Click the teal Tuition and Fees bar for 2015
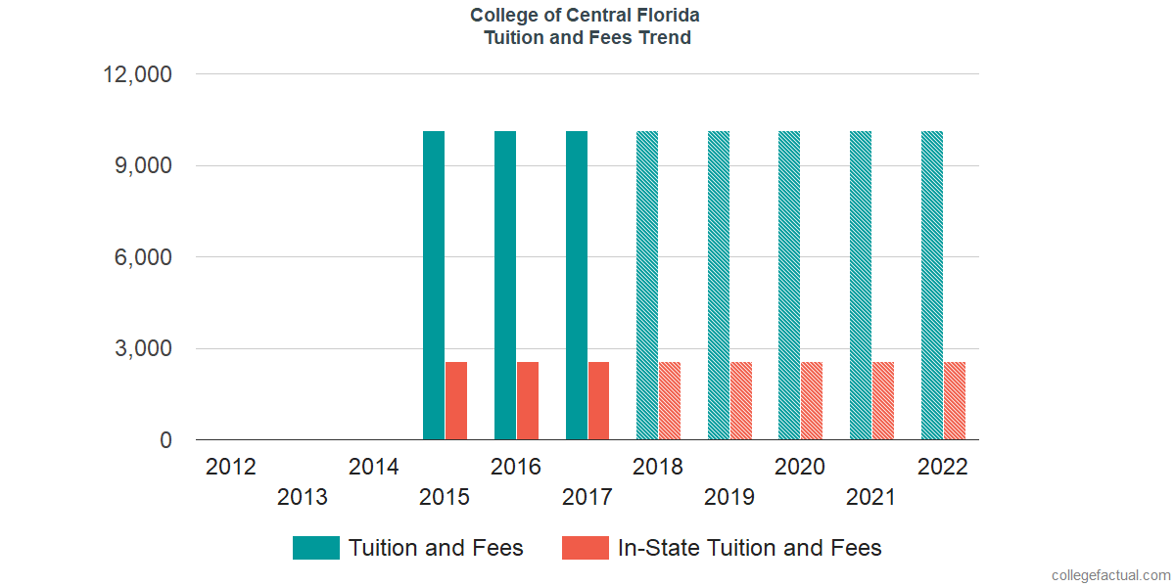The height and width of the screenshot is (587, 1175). [434, 285]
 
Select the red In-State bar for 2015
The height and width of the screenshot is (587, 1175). [456, 401]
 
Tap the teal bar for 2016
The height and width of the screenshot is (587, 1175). [505, 285]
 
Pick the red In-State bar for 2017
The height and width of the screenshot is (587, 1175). [598, 401]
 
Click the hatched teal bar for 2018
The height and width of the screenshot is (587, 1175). [647, 285]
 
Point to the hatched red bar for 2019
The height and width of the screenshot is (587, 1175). [740, 401]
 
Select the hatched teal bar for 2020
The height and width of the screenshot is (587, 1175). [789, 285]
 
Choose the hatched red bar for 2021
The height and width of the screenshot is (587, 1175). [883, 401]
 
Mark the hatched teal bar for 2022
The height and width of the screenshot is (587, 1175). [932, 285]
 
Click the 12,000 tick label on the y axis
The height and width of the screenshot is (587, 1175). [138, 74]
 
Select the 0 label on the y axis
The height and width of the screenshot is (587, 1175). [165, 441]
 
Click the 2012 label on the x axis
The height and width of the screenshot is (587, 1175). [231, 467]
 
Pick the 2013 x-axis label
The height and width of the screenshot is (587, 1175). [303, 498]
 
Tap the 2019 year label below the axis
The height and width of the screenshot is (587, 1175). [729, 498]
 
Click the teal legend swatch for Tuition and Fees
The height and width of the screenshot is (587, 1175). [316, 548]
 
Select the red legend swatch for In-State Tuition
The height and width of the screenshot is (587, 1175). [586, 548]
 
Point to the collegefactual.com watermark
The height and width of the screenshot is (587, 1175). [1109, 575]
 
